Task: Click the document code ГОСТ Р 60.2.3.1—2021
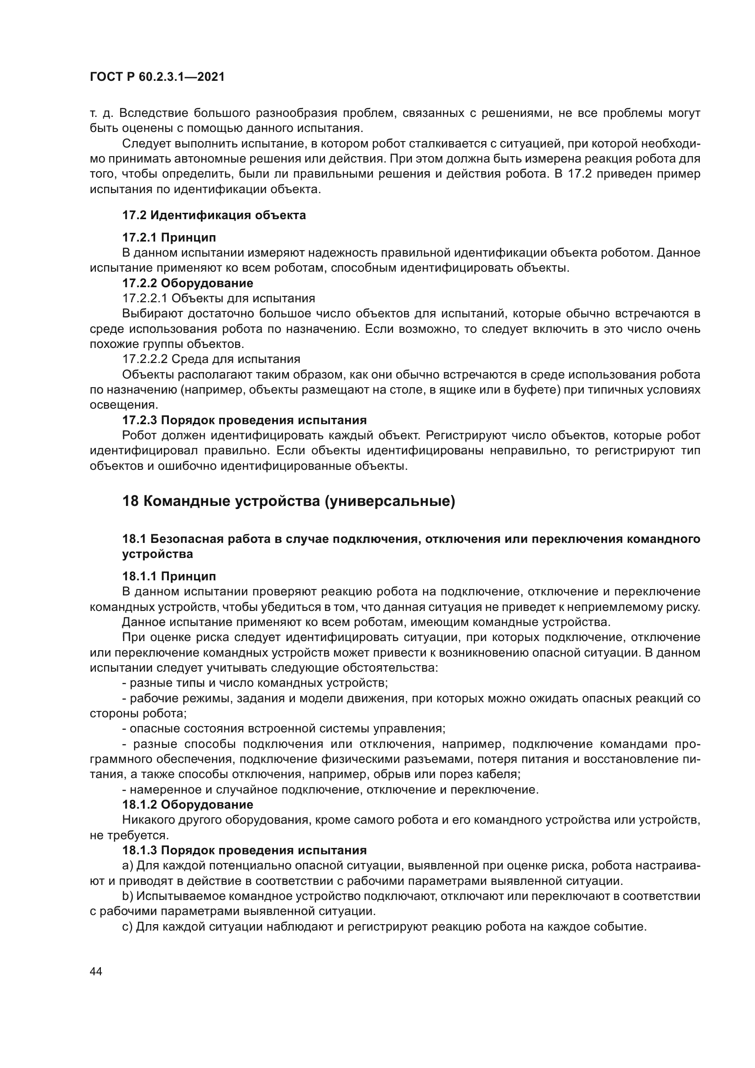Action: coord(157,77)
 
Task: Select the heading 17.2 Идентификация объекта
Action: coord(214,215)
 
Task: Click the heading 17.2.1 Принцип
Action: coord(169,237)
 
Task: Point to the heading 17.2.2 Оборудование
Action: coord(187,283)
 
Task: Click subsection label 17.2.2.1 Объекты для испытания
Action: coord(219,298)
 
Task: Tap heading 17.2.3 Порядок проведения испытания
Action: coord(244,420)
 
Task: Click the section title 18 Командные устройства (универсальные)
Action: coord(288,501)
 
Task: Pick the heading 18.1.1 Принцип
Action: coord(169,576)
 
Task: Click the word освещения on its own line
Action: coord(123,405)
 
